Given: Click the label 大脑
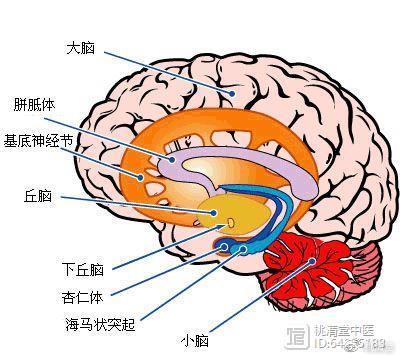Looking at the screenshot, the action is click(81, 47).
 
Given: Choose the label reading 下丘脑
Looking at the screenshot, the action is click(82, 268).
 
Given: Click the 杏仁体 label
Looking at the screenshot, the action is click(82, 296).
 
